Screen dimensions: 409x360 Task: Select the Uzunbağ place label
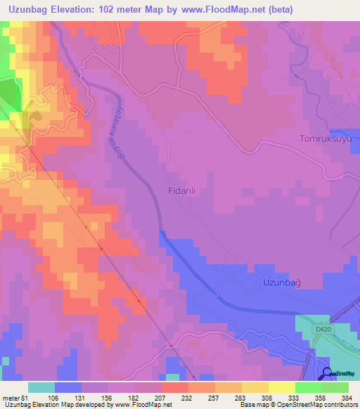281,282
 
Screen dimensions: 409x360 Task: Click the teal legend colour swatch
41,387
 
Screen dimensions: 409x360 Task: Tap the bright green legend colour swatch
308,387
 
